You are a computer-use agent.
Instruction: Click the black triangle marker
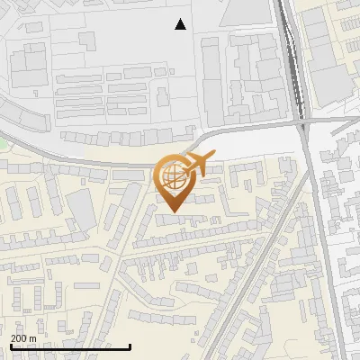[x=181, y=24]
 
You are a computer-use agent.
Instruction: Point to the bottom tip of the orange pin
[x=174, y=212]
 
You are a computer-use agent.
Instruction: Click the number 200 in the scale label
[x=18, y=338]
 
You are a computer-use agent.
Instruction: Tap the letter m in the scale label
[x=32, y=338]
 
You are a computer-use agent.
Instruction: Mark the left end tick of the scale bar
[x=9, y=345]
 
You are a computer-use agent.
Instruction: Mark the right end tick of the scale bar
[x=130, y=345]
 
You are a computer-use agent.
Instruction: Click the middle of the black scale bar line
[x=69, y=346]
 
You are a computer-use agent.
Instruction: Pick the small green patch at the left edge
[x=3, y=142]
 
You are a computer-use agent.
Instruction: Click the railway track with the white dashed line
[x=290, y=54]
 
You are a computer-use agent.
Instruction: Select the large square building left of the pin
[x=83, y=209]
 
